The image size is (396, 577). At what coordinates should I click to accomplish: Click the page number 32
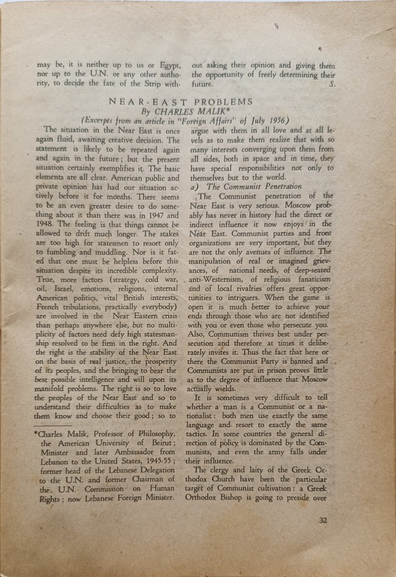click(323, 521)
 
